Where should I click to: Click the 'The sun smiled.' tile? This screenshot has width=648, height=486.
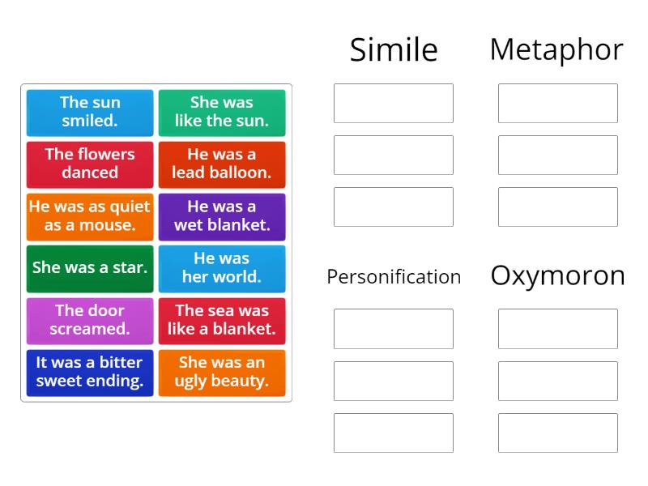[90, 113]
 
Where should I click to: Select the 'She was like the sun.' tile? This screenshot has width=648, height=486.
[222, 113]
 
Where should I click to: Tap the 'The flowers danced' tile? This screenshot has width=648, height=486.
[90, 164]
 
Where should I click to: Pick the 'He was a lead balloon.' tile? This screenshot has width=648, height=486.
[222, 164]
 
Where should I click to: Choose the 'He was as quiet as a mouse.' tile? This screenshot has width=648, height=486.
[90, 216]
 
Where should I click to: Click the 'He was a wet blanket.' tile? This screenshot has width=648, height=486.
[222, 216]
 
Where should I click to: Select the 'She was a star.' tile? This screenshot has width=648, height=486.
[90, 268]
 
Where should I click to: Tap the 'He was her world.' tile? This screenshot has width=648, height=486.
[222, 268]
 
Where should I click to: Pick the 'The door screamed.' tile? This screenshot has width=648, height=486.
[90, 320]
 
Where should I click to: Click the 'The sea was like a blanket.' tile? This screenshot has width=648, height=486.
[222, 320]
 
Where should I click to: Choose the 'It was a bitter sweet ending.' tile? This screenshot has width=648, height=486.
[90, 372]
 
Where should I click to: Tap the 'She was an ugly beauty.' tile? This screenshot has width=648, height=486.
[222, 372]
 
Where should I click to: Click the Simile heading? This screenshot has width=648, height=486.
[394, 50]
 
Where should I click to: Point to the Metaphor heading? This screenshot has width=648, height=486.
[556, 49]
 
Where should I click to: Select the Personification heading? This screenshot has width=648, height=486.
[394, 277]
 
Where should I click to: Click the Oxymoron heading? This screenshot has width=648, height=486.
[557, 276]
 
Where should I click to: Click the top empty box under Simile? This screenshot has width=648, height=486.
[394, 103]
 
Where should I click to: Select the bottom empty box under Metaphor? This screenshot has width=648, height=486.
[558, 207]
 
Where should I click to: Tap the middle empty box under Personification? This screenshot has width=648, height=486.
[394, 381]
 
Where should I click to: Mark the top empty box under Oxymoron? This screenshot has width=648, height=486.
[558, 329]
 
